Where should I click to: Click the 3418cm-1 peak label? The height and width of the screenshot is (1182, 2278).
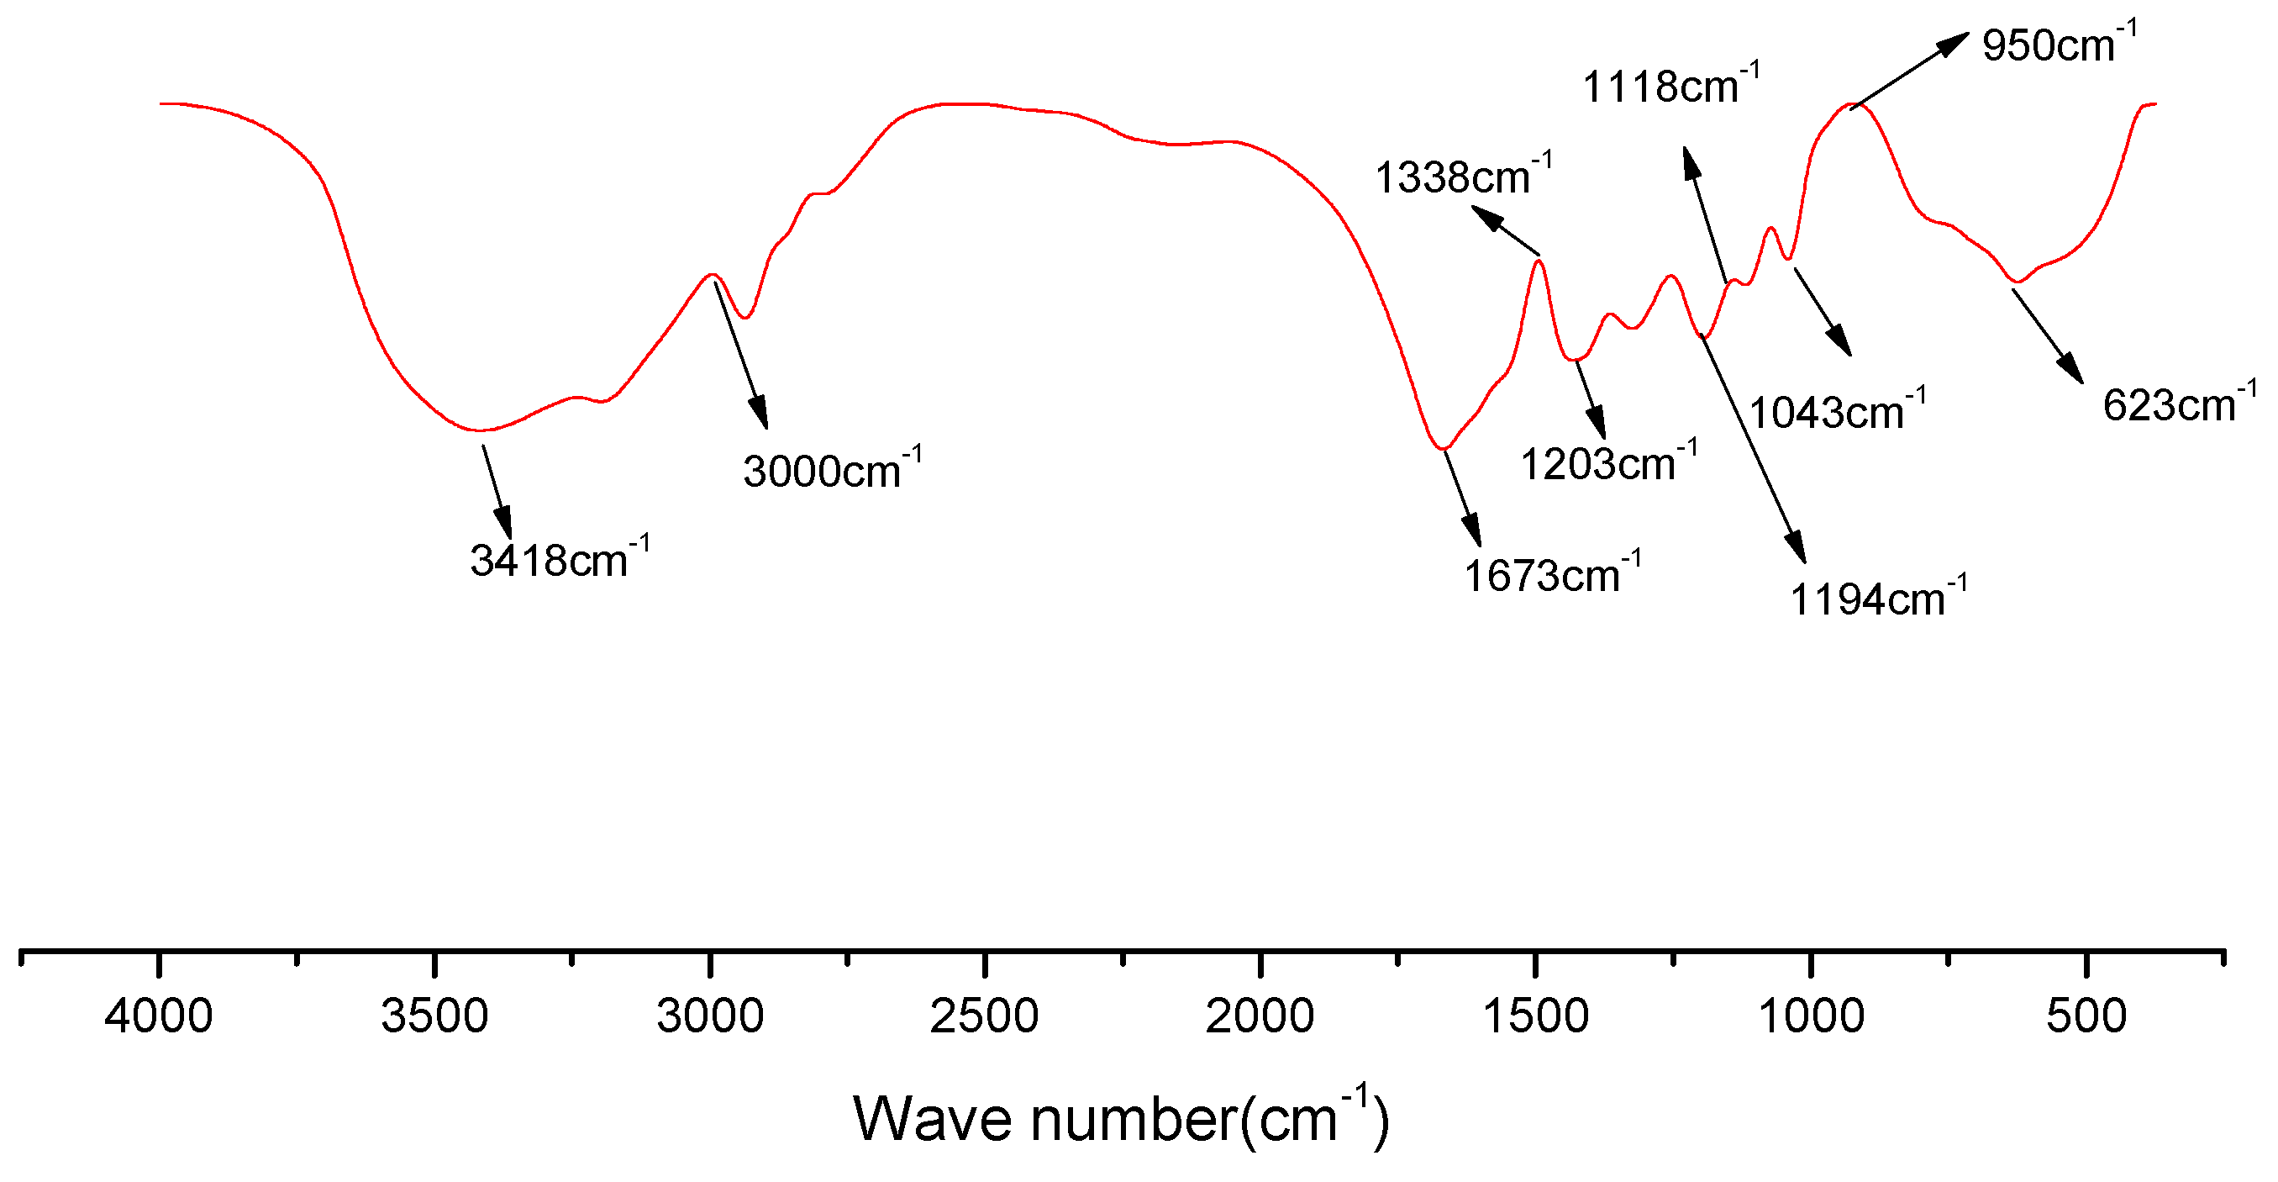tap(559, 559)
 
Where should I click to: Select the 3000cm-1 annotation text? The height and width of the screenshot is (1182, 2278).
tap(831, 469)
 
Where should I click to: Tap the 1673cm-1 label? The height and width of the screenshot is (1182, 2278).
tap(1552, 574)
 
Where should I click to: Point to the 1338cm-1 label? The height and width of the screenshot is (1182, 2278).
tap(1463, 175)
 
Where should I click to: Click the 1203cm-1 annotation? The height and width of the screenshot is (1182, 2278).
tap(1608, 462)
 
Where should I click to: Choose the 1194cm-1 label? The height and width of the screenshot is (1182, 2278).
tap(1878, 598)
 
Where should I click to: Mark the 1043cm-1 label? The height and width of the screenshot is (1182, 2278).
tap(1837, 410)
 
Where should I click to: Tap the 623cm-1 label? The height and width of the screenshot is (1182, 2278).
tap(2179, 404)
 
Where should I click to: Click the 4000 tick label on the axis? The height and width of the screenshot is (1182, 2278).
tap(159, 1016)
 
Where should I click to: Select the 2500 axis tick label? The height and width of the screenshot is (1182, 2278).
tap(984, 1016)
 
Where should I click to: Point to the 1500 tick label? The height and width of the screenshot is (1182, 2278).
tap(1535, 1016)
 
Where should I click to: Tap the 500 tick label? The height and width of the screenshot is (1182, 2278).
tap(2086, 1016)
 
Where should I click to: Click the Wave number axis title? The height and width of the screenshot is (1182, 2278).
tap(1121, 1118)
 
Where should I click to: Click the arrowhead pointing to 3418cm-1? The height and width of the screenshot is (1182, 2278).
tap(504, 523)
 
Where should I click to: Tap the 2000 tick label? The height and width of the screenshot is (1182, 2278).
tap(1260, 1016)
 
